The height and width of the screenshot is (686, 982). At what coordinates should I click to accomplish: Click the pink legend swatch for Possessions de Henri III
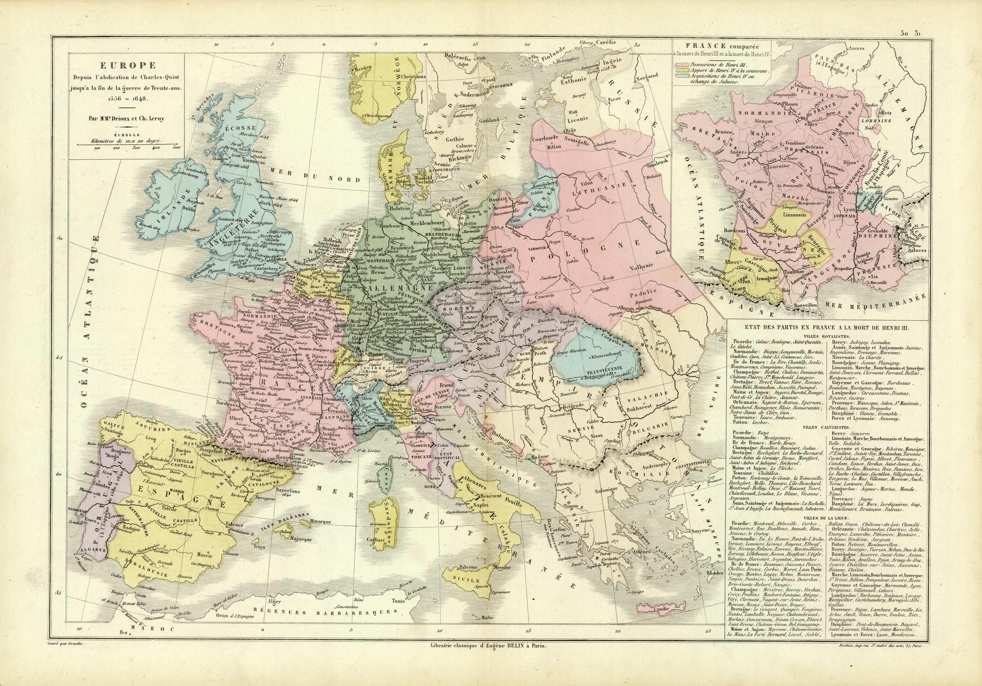[680, 65]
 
